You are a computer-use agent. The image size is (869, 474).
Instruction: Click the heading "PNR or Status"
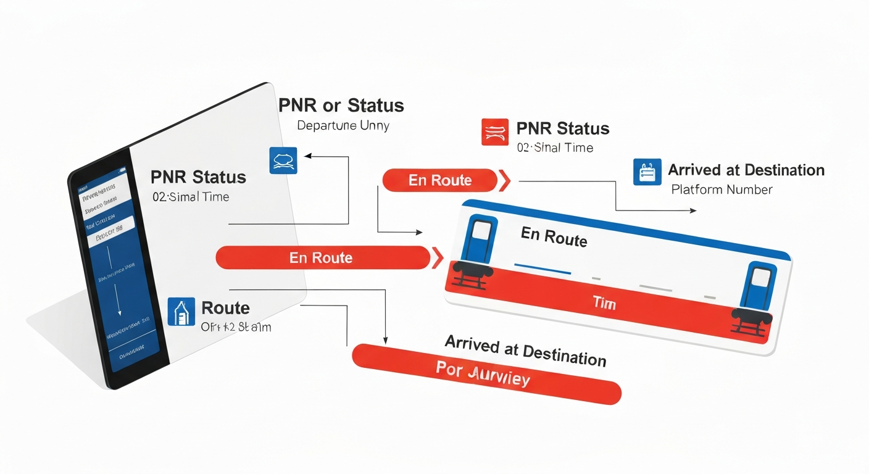pyautogui.click(x=341, y=106)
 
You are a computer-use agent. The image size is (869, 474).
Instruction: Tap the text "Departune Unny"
pyautogui.click(x=343, y=125)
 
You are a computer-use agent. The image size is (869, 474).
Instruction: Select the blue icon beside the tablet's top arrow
pyautogui.click(x=283, y=160)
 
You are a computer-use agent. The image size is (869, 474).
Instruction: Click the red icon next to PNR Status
pyautogui.click(x=494, y=132)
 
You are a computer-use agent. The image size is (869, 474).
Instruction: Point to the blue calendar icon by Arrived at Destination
pyautogui.click(x=647, y=172)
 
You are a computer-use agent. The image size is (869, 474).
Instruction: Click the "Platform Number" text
pyautogui.click(x=721, y=189)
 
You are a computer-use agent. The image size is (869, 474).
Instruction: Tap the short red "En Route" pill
pyautogui.click(x=440, y=180)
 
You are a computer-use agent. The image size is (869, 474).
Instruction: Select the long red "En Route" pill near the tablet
pyautogui.click(x=322, y=257)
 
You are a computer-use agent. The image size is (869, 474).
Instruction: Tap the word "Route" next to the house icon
pyautogui.click(x=225, y=308)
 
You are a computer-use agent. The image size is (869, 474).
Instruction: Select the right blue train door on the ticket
pyautogui.click(x=759, y=285)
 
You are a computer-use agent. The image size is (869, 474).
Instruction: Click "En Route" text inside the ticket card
pyautogui.click(x=554, y=236)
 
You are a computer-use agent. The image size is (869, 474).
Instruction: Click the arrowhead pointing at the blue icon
pyautogui.click(x=307, y=157)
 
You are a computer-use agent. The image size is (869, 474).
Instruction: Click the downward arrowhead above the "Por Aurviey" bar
pyautogui.click(x=386, y=340)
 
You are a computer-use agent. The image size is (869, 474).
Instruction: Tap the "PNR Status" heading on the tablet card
pyautogui.click(x=198, y=178)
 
